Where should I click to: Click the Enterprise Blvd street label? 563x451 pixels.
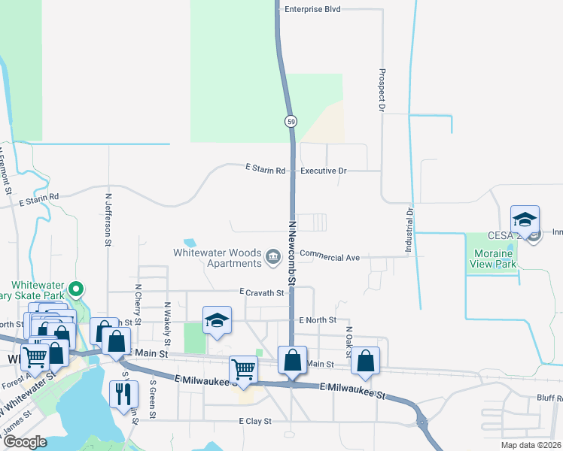[313, 10]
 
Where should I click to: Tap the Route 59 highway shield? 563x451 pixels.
[291, 121]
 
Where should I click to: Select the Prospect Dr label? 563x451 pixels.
[382, 92]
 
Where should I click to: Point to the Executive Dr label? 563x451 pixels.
[323, 171]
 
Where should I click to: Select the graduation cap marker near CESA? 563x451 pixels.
[525, 219]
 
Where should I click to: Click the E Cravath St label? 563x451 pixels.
[262, 292]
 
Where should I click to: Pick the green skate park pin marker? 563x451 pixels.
[75, 289]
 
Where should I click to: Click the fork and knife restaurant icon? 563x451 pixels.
[123, 393]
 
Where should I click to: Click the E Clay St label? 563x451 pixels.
[255, 422]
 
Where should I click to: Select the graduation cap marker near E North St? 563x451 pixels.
[216, 320]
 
